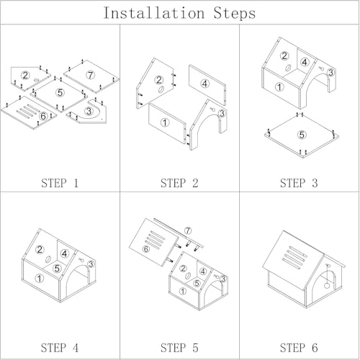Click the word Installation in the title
point(154,13)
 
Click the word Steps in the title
point(235,13)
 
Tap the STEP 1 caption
point(60,183)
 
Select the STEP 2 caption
point(179,183)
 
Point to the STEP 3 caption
point(299,183)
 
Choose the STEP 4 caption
point(60,348)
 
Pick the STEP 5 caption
point(179,348)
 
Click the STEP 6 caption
point(299,348)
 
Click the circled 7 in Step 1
point(90,75)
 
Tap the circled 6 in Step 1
point(43,116)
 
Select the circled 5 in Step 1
point(60,92)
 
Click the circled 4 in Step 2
point(204,84)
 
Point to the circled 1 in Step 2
point(165,122)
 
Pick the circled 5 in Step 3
point(302,135)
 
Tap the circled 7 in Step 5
point(188,230)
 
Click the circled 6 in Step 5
point(146,249)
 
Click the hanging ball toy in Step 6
point(327,285)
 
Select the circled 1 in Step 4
point(39,279)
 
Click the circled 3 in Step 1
point(89,111)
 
